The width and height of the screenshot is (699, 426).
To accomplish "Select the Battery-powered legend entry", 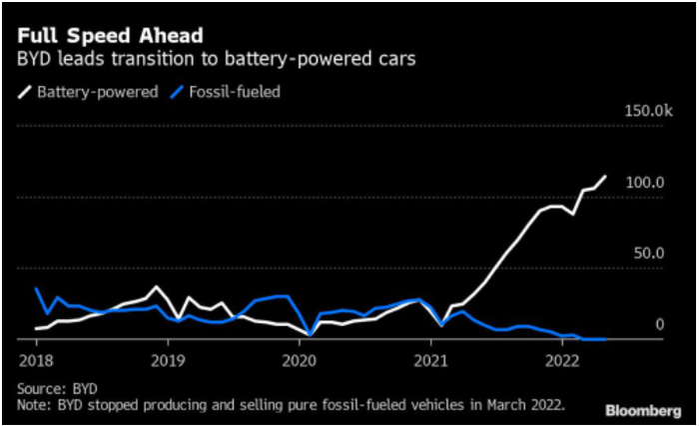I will click(87, 92).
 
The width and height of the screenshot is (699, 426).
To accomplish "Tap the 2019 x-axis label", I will click(168, 358).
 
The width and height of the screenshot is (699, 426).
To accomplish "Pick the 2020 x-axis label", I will click(300, 358).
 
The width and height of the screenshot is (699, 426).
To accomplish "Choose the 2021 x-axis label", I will click(430, 358).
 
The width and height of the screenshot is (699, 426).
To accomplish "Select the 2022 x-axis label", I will click(562, 358).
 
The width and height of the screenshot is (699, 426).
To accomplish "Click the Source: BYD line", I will click(58, 388).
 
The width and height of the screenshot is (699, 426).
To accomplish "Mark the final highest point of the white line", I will click(605, 177).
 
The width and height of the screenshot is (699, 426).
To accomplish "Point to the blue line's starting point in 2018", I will click(36, 289).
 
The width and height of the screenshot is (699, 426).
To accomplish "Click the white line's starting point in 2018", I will click(36, 328).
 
